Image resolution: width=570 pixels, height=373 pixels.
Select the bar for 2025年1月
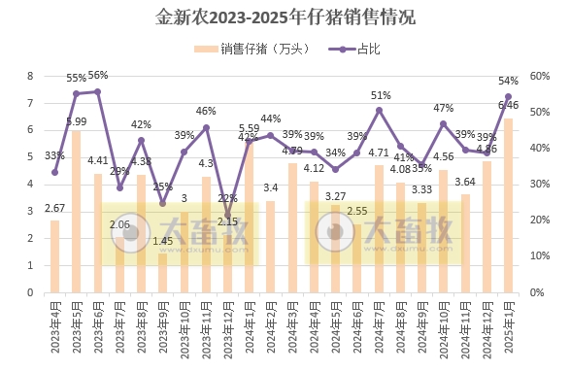point(508,205)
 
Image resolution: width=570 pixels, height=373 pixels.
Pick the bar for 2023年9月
point(162,272)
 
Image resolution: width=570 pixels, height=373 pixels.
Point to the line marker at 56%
point(98,91)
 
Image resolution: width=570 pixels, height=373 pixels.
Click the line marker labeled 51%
point(379,110)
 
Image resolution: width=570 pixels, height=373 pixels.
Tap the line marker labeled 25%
point(162,203)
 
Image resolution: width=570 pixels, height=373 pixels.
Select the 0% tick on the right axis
point(536,292)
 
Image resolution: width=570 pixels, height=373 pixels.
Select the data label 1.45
point(163,241)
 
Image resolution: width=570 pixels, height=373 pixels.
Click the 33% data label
point(54,155)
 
